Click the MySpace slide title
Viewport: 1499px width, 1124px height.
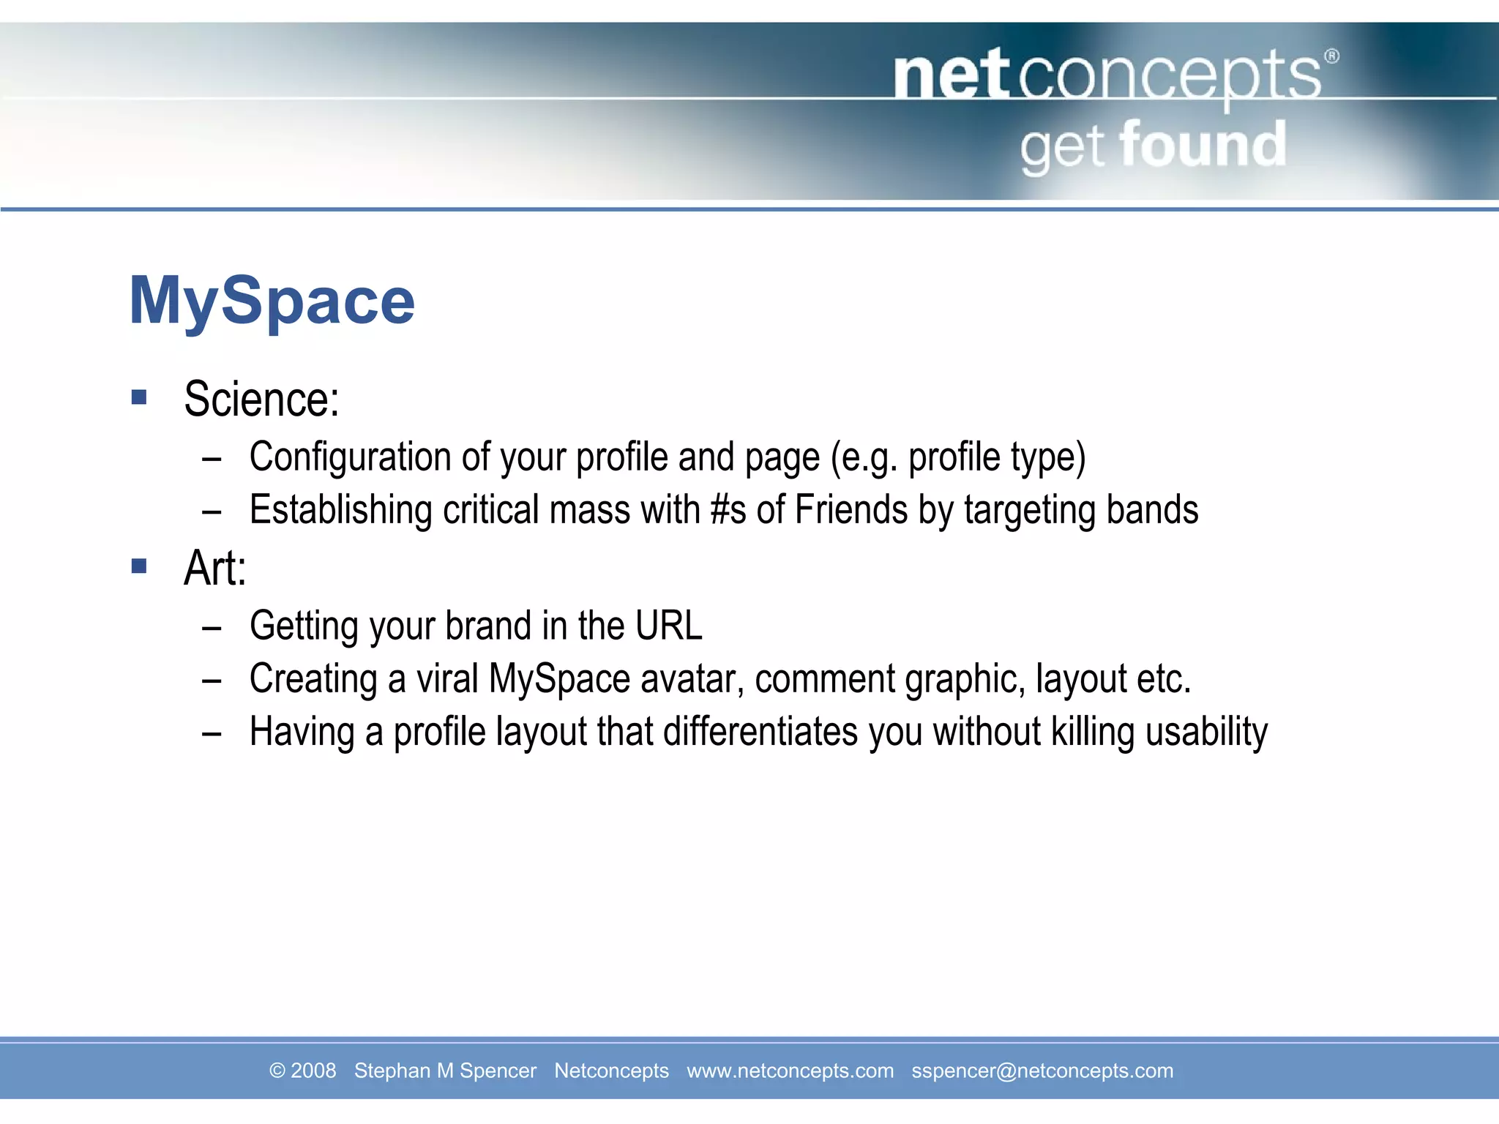pos(272,301)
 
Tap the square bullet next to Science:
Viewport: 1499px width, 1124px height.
pos(139,397)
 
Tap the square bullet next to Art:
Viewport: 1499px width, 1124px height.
pos(139,566)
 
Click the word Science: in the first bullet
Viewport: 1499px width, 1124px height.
pos(261,400)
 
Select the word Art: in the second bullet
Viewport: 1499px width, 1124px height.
pos(214,569)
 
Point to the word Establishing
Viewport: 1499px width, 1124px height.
pos(340,510)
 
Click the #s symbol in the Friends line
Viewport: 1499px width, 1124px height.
pos(728,510)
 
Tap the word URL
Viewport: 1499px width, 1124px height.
pos(668,626)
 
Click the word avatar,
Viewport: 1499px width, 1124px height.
pos(692,679)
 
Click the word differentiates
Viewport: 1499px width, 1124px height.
pos(760,732)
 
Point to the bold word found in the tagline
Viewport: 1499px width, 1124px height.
pos(1203,146)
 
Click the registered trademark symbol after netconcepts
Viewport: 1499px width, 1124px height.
pos(1331,56)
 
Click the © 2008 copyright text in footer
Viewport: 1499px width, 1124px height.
pos(302,1071)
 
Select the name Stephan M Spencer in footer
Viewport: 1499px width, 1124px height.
pos(445,1071)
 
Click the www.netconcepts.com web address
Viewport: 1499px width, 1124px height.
pos(790,1071)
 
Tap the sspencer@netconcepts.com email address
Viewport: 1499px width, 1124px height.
pos(1042,1071)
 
